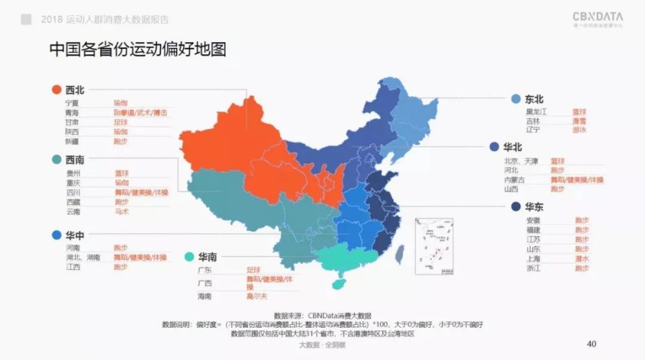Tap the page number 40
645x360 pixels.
592,345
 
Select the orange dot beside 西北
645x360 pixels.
57,89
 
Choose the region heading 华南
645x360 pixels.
207,257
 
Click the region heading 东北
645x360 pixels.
534,99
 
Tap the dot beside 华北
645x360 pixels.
494,147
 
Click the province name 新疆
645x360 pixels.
72,142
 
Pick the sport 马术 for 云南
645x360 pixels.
121,212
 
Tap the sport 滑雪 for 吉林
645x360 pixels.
578,121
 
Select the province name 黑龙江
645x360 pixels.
537,111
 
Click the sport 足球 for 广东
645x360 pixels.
253,270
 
